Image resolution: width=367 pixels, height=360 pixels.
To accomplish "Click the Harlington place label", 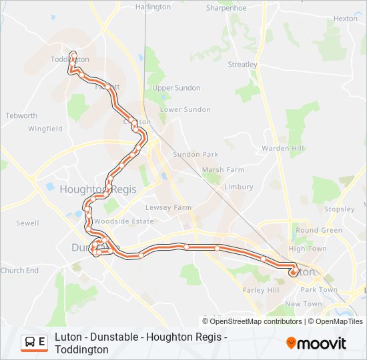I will click(x=153, y=7).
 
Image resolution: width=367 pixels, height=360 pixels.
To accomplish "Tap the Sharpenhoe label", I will click(x=226, y=7).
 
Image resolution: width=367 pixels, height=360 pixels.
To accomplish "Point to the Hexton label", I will click(x=346, y=19).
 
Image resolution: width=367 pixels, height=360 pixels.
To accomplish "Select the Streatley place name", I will click(x=242, y=65).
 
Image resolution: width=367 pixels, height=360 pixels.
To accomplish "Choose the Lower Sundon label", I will click(x=185, y=109).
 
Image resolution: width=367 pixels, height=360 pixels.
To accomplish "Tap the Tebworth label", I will click(x=21, y=115).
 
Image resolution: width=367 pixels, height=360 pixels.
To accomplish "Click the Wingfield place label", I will click(x=45, y=129).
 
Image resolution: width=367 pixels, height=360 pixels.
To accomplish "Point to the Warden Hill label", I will click(x=283, y=148).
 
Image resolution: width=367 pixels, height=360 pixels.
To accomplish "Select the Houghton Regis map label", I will click(x=98, y=189).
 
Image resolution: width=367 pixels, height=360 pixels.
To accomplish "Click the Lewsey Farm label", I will click(x=173, y=207).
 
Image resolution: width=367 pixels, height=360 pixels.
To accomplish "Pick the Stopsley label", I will click(x=339, y=209).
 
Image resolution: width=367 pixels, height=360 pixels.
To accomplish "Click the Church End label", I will click(x=20, y=271).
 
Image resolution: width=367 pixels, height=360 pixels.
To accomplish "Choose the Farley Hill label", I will click(x=261, y=290).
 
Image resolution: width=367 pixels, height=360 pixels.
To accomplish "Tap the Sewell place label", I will click(x=27, y=223).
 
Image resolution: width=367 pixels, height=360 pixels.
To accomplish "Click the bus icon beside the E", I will click(x=31, y=343).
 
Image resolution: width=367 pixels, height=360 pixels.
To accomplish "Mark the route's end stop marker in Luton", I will click(x=292, y=273).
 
